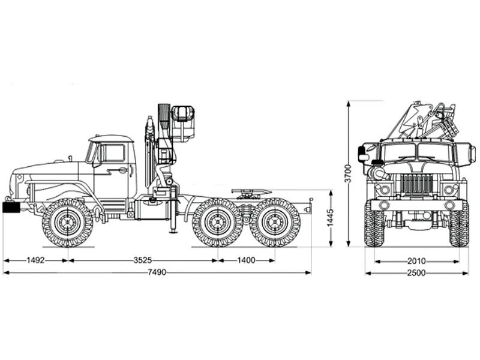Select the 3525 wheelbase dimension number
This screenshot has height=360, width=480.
(x=142, y=260)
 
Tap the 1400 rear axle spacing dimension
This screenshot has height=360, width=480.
(x=246, y=260)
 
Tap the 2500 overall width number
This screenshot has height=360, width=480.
(x=416, y=272)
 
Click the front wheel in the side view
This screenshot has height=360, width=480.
(x=67, y=223)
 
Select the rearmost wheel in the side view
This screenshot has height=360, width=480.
(x=275, y=223)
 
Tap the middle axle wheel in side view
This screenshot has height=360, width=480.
(x=217, y=223)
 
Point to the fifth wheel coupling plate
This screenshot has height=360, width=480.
(x=251, y=192)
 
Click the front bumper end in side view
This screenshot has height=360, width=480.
(x=11, y=207)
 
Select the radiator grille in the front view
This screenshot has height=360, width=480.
(x=416, y=184)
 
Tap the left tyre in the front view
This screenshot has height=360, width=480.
(x=374, y=224)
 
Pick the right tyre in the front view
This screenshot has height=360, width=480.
(x=459, y=224)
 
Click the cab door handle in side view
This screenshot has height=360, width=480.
(x=123, y=170)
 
